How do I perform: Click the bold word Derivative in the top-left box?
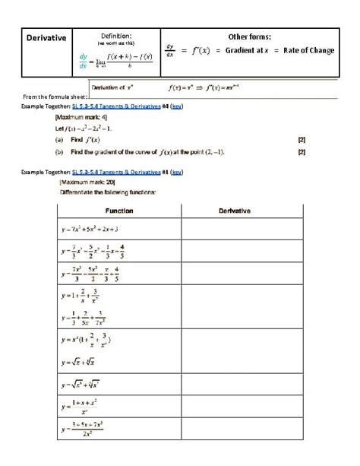click(44, 37)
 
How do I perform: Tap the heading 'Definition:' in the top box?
click(116, 35)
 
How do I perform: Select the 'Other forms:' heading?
click(250, 36)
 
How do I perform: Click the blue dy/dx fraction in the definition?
click(83, 60)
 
